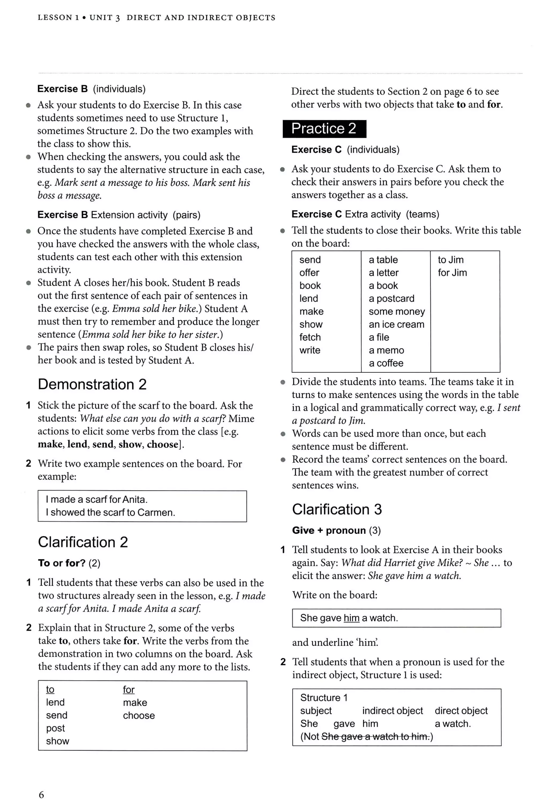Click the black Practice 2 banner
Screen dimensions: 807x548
pos(324,129)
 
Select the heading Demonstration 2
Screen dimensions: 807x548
pos(92,385)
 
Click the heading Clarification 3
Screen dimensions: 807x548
pos(337,509)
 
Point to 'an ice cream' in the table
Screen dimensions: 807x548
pos(396,324)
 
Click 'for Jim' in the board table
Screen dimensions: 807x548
pos(452,273)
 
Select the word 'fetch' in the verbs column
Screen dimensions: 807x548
pos(310,337)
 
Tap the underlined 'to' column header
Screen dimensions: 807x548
pos(50,689)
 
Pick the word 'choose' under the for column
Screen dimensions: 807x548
pos(139,715)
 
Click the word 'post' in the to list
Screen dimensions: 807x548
pos(55,728)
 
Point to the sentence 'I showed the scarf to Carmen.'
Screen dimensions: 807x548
pos(110,513)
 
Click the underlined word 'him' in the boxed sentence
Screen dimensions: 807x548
pos(351,618)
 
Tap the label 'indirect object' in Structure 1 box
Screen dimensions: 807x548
pos(393,711)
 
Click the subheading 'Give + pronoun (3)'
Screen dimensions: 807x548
pos(336,531)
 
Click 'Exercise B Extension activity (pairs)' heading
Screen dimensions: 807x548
pos(119,215)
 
